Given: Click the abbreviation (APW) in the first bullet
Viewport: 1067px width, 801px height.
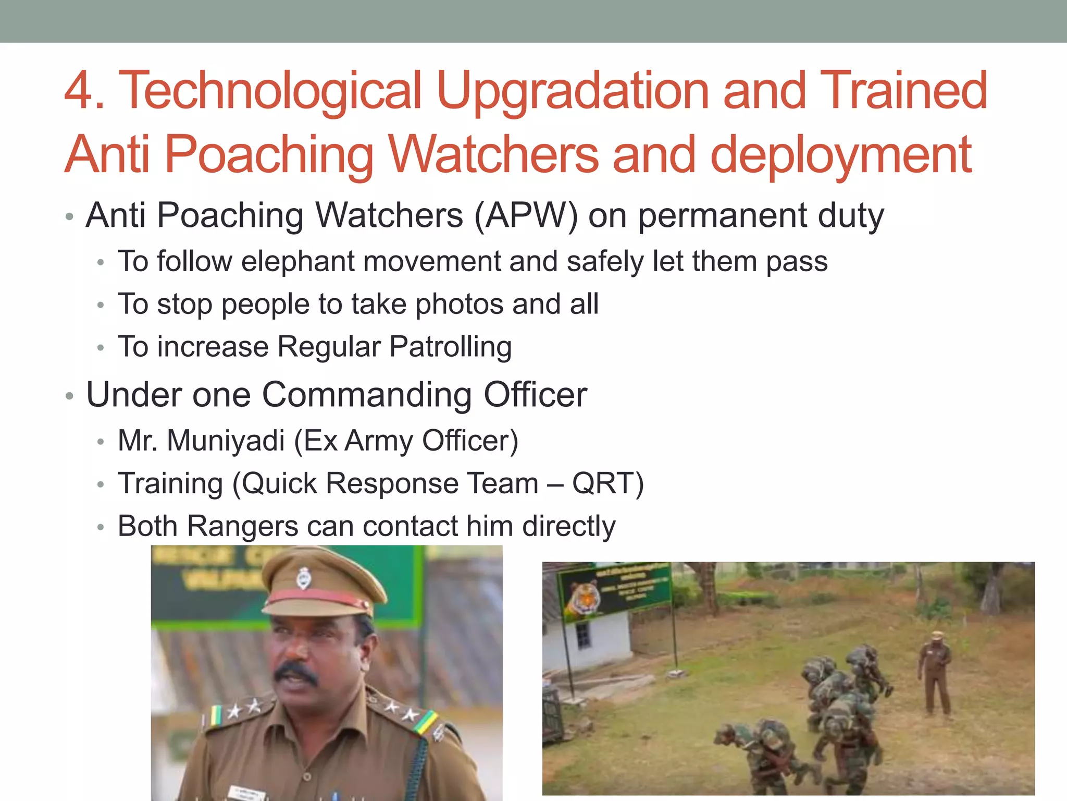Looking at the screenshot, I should pos(526,216).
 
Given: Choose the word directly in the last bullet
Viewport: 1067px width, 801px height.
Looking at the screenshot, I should pos(569,526).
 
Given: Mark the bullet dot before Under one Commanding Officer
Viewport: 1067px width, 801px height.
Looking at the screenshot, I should pos(70,396).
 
